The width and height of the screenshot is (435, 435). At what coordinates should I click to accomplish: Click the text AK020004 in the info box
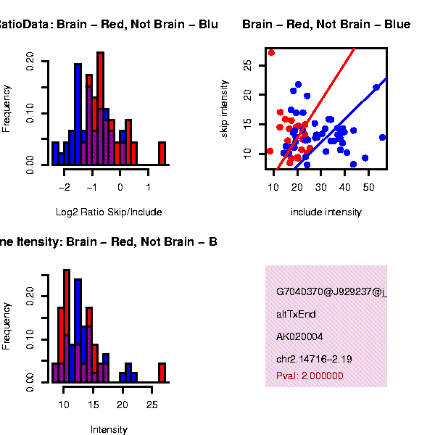click(299, 337)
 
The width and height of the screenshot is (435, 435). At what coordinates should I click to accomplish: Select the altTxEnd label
click(296, 315)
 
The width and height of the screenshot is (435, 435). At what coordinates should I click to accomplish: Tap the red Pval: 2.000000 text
click(310, 376)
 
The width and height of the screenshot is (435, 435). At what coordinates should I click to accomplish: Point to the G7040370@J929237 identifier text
click(331, 292)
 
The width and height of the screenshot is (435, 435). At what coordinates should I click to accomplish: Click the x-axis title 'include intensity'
click(326, 212)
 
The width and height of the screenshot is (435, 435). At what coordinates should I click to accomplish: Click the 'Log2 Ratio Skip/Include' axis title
click(109, 212)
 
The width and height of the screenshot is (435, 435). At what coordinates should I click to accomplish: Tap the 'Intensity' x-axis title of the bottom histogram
click(109, 430)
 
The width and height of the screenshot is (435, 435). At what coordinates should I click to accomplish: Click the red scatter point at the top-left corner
click(271, 52)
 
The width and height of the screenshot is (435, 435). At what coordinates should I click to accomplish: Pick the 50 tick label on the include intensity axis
click(368, 188)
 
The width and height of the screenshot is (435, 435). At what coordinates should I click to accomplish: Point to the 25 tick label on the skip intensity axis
click(248, 65)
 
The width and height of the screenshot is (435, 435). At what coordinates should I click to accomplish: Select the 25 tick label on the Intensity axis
click(151, 404)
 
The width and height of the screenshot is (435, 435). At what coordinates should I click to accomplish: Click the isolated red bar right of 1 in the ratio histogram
click(162, 154)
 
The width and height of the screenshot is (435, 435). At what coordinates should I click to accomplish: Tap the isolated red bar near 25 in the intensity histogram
click(162, 373)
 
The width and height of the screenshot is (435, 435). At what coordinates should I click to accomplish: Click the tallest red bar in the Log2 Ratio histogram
click(100, 109)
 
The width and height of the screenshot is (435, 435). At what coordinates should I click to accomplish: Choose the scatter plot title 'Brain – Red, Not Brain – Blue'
click(326, 25)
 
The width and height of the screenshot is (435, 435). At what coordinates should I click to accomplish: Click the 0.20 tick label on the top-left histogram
click(29, 59)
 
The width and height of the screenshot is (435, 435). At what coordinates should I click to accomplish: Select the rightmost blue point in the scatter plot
click(382, 137)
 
